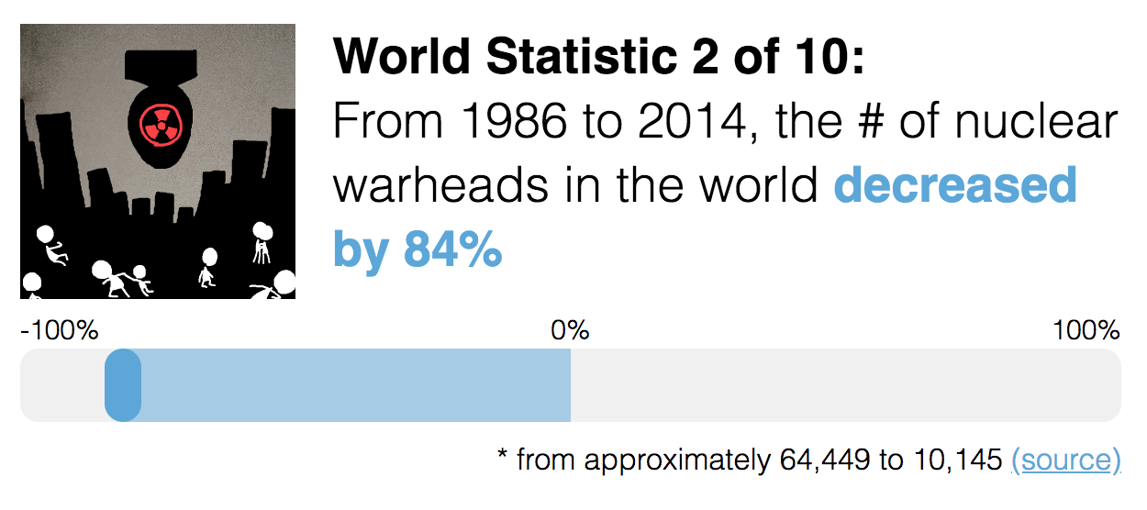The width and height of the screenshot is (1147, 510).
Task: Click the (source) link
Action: (x=1065, y=460)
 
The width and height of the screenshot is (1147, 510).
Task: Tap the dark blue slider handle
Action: (x=123, y=385)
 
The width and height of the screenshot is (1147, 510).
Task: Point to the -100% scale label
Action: (x=60, y=330)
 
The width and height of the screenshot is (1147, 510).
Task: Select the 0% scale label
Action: (x=570, y=330)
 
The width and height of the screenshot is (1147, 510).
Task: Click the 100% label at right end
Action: (x=1087, y=330)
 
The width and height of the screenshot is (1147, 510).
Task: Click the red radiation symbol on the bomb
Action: (x=160, y=122)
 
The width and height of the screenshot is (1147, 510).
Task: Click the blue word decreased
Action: (x=955, y=186)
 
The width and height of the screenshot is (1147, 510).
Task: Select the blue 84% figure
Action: (x=452, y=250)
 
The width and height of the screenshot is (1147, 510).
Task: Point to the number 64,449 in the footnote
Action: (x=825, y=460)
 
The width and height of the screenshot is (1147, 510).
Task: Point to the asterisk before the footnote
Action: (x=503, y=456)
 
